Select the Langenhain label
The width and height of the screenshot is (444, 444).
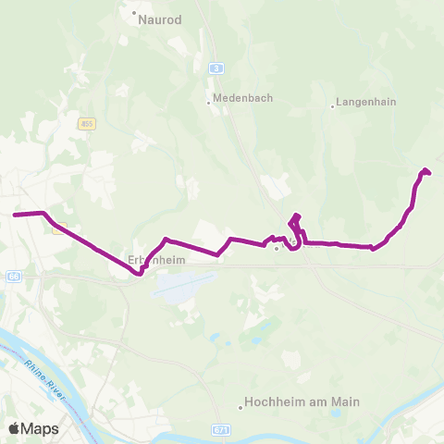[x=364, y=105]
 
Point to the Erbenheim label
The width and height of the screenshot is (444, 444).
[x=156, y=261]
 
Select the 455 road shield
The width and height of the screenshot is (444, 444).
[x=87, y=123]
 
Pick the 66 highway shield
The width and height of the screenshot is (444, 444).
[x=13, y=277]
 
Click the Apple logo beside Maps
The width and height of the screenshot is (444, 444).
[x=15, y=428]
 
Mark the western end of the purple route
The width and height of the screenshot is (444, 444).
[x=15, y=215]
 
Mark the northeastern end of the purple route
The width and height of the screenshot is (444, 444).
[x=425, y=170]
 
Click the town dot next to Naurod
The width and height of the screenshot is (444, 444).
[x=134, y=15]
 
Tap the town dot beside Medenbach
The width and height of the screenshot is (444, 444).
[x=209, y=102]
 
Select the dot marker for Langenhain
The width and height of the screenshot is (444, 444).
[x=332, y=105]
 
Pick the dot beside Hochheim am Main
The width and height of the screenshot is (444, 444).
[x=240, y=404]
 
